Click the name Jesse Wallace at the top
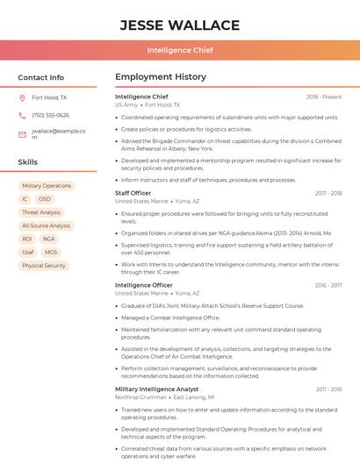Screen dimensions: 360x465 [x=179, y=25]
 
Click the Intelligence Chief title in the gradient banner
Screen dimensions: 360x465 [x=179, y=50]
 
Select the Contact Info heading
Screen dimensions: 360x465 [x=41, y=77]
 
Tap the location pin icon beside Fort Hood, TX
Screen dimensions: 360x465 [x=22, y=98]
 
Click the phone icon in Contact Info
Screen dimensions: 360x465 [x=22, y=115]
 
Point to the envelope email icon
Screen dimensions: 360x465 [x=22, y=134]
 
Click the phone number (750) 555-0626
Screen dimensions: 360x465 [x=50, y=115]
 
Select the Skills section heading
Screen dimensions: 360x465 [x=27, y=162]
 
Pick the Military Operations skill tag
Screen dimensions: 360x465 [x=47, y=186]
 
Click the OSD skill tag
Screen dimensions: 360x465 [x=44, y=199]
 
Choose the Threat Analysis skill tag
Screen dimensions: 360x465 [x=41, y=212]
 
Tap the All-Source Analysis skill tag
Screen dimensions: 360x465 [x=46, y=225]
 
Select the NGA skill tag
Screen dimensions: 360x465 [x=48, y=239]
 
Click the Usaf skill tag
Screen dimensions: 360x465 [x=28, y=252]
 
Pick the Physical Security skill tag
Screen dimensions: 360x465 [x=44, y=265]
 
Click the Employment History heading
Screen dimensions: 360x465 [x=161, y=77]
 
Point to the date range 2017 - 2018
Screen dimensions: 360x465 [x=328, y=193]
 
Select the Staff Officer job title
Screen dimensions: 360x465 [x=133, y=193]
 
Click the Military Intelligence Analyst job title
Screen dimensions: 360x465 [x=157, y=389]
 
